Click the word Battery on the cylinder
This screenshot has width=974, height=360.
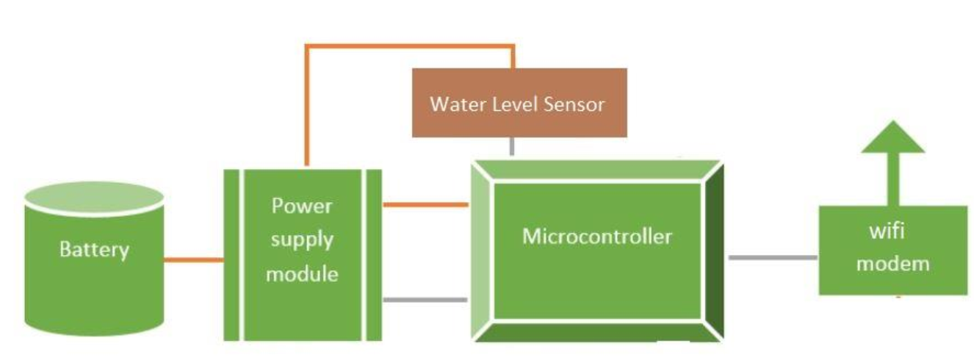coord(94,250)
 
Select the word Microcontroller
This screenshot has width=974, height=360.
coord(596,237)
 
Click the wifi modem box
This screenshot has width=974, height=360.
coord(892,250)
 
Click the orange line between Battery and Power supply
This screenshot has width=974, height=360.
coord(192,259)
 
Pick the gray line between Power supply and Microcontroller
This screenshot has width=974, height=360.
coord(425,300)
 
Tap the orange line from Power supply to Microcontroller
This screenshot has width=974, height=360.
coord(425,204)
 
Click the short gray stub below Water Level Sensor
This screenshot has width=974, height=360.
coord(512,146)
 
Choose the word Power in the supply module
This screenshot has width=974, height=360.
coord(302,206)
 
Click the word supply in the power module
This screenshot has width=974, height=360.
coord(302,240)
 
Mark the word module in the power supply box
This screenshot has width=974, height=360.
coord(302,274)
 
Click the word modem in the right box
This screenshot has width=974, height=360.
coord(892,264)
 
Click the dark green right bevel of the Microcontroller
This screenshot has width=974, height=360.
coord(713,250)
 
